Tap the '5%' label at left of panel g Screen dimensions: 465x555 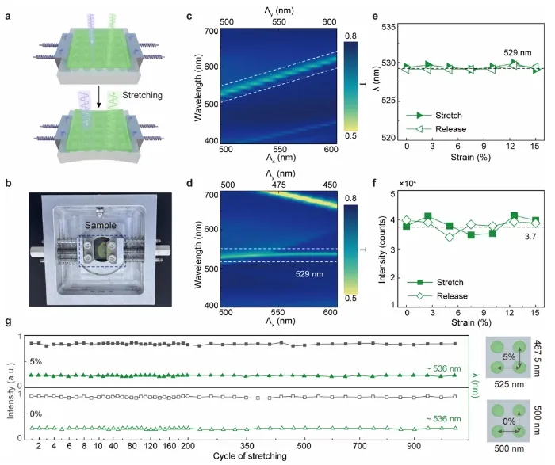click(36, 361)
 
